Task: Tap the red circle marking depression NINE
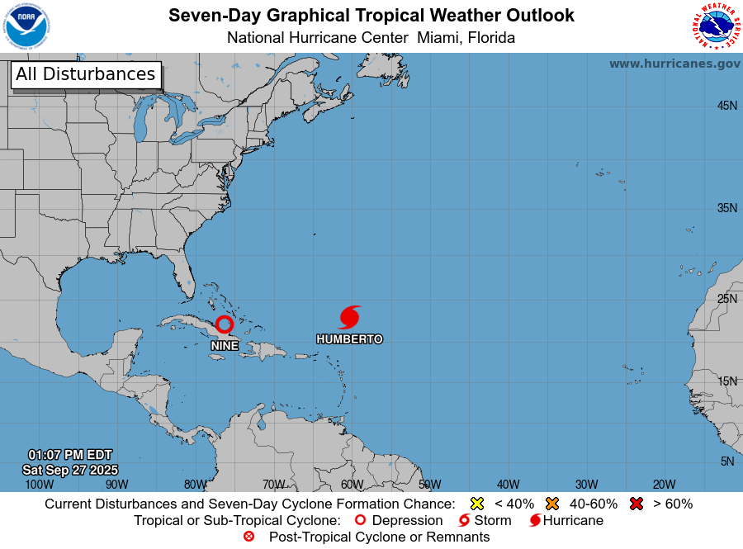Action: [225, 324]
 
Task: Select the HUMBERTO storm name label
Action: [349, 339]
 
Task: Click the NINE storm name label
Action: [225, 346]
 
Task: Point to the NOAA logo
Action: [26, 26]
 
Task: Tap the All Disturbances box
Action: [85, 74]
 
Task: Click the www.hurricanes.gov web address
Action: [674, 64]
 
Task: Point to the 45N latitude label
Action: [726, 106]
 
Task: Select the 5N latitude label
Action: [727, 461]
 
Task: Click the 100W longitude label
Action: [39, 485]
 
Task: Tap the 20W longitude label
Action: [665, 485]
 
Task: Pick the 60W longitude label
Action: [352, 485]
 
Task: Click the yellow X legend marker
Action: [476, 504]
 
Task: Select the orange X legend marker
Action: [552, 504]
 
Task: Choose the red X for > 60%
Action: [637, 504]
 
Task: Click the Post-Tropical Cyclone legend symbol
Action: [248, 537]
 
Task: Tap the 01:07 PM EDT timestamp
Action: [70, 455]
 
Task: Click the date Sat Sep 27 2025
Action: [70, 470]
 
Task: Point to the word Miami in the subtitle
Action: [438, 38]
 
